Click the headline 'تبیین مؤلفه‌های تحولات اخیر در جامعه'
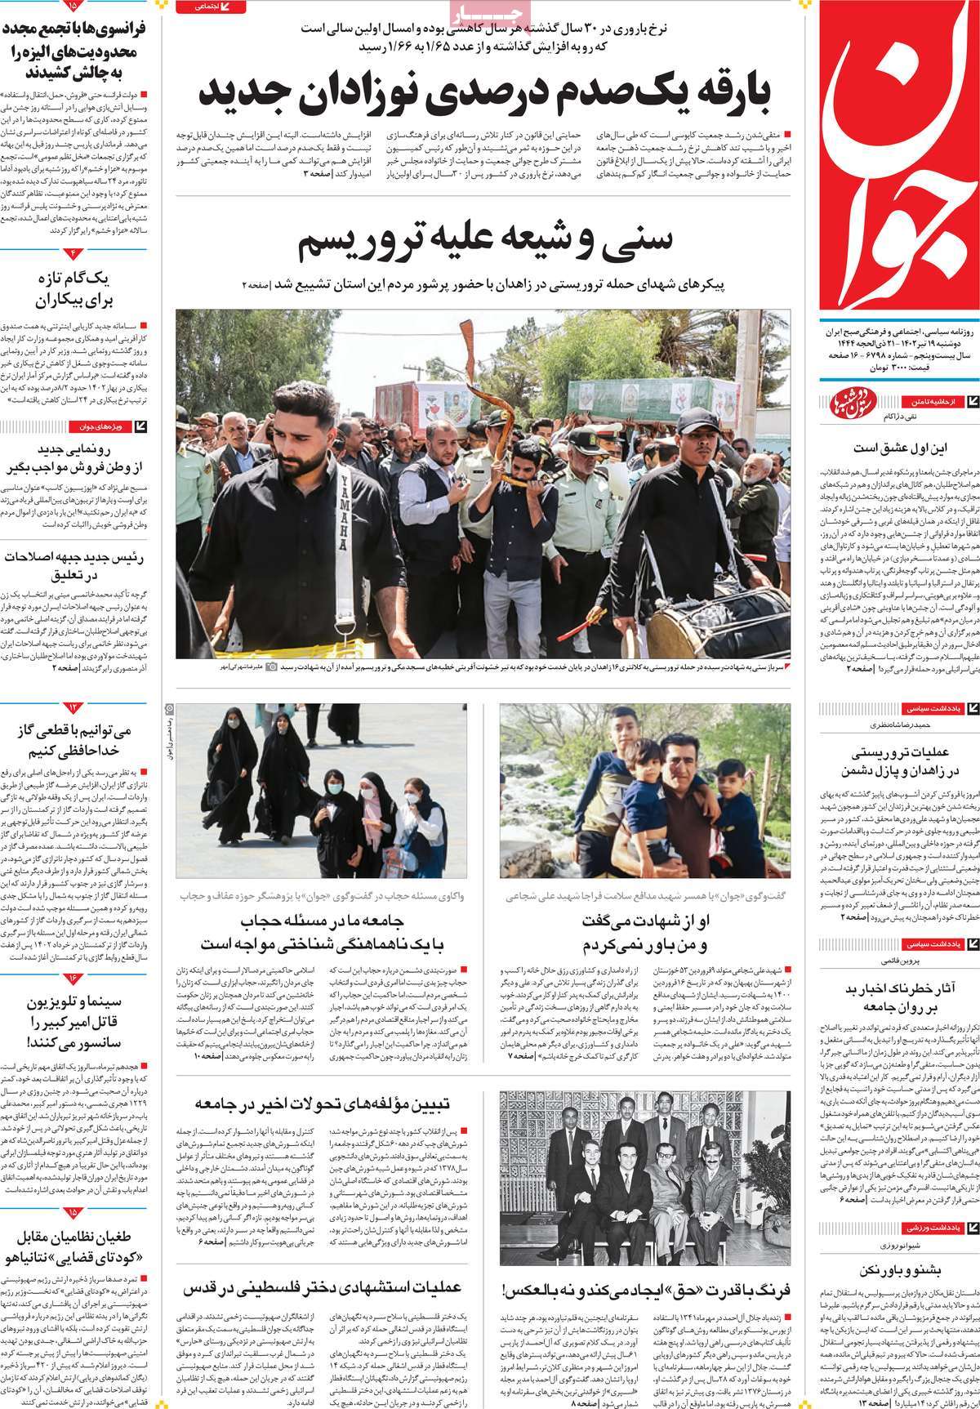(323, 1105)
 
